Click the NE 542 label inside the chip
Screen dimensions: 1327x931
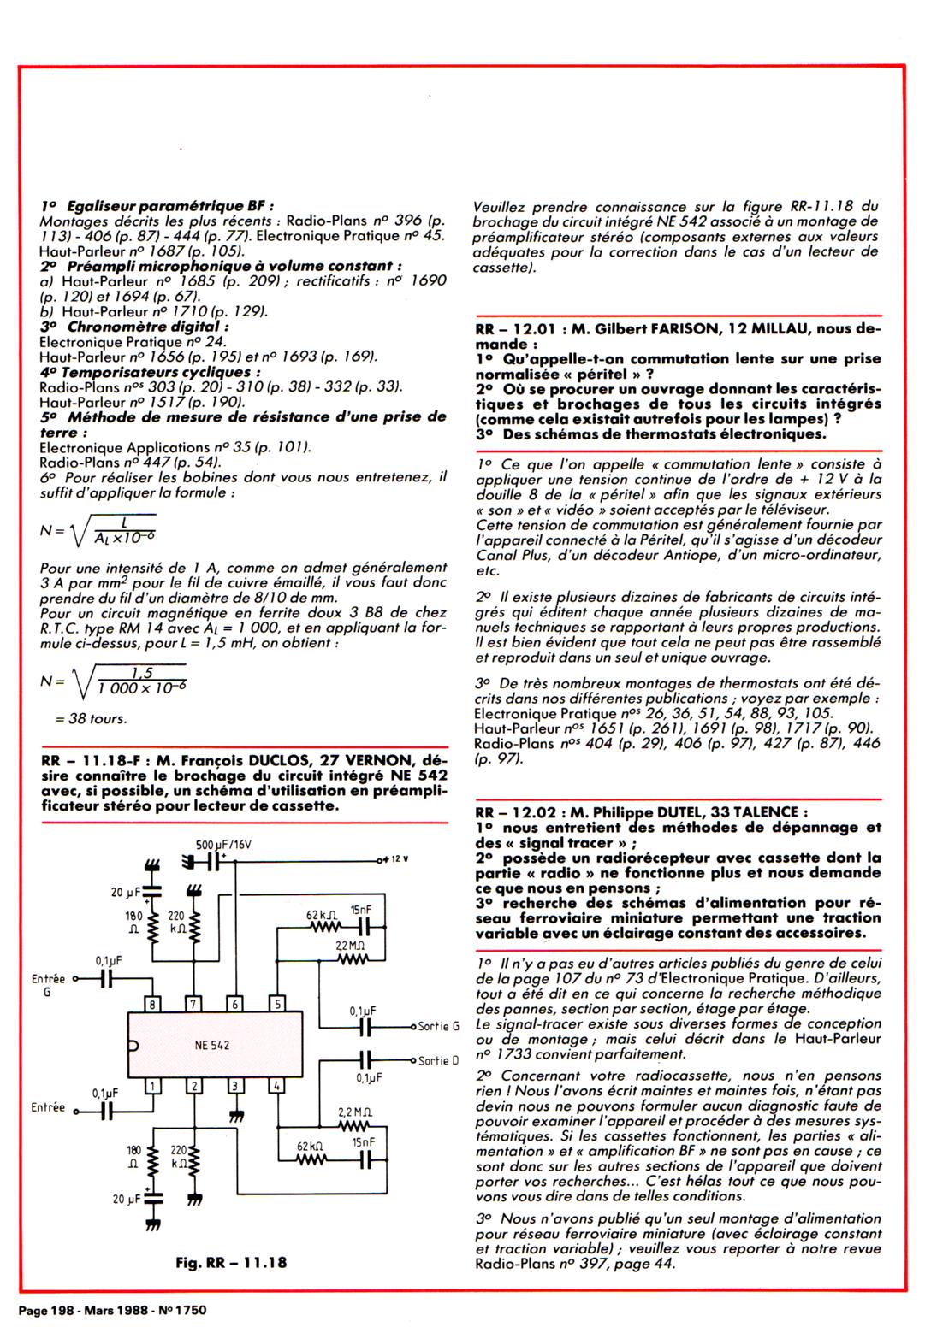tap(212, 1045)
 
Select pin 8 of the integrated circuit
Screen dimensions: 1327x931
tap(152, 1005)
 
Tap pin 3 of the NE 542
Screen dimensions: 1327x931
tap(236, 1086)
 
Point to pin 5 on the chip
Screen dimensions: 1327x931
tap(277, 1005)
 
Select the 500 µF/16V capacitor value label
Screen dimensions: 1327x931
tap(222, 844)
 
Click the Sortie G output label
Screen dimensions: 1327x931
tap(438, 1026)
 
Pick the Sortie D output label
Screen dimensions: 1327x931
tap(438, 1061)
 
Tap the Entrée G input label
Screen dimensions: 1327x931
tap(48, 985)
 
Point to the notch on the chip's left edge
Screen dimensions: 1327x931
tap(133, 1045)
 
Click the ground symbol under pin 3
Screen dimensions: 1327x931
tap(236, 1115)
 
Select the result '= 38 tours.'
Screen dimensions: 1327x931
tap(91, 718)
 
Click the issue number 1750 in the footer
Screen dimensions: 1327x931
tap(189, 1310)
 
